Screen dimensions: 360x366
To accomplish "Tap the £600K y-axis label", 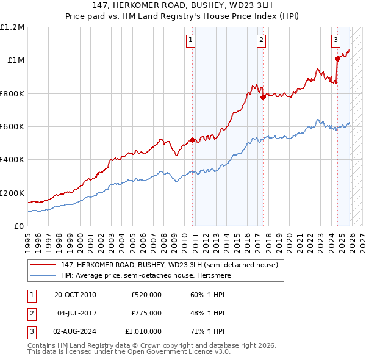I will (12, 127).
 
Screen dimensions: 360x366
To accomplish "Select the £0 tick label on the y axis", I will (20, 226).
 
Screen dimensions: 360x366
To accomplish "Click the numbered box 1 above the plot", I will (191, 41).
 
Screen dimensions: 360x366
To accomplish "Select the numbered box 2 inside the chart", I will (261, 41).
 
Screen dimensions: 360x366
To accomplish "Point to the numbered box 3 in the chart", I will (336, 41).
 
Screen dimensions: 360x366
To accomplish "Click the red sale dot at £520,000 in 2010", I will (193, 140).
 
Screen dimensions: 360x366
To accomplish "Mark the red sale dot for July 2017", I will (263, 97).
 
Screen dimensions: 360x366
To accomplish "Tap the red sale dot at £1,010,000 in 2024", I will (337, 59).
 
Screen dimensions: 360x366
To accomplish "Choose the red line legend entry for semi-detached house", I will (170, 265).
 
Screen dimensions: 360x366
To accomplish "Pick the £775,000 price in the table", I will (146, 313).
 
